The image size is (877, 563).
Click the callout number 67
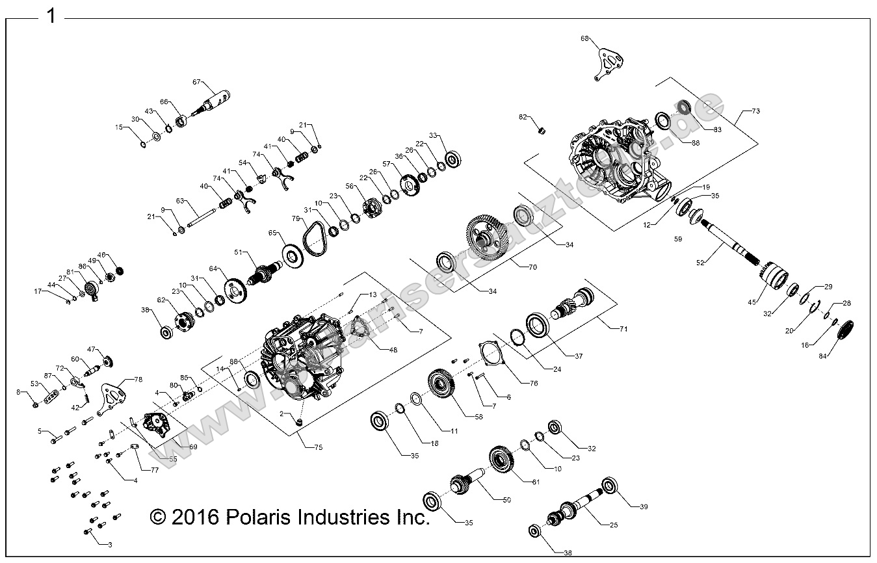(197, 82)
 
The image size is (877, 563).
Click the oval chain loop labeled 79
(317, 239)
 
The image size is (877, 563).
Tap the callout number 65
(272, 232)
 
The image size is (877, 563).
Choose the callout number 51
(238, 252)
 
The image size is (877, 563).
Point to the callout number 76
(533, 383)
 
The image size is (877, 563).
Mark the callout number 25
(613, 524)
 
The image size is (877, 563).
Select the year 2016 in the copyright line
(196, 517)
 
